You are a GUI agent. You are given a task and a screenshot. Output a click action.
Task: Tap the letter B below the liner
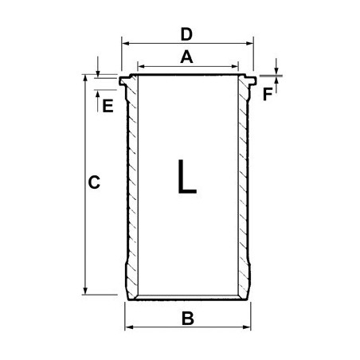(x=188, y=319)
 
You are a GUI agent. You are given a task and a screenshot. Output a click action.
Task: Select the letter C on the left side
(x=93, y=183)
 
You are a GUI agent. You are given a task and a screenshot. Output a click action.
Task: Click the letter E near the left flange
(x=108, y=105)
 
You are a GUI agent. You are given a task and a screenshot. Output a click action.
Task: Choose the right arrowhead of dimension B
(x=247, y=327)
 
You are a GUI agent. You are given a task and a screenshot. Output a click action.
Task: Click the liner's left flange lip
(x=123, y=80)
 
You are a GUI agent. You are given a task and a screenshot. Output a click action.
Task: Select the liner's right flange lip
(x=252, y=80)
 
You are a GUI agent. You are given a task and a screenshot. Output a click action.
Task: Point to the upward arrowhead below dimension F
(x=276, y=83)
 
